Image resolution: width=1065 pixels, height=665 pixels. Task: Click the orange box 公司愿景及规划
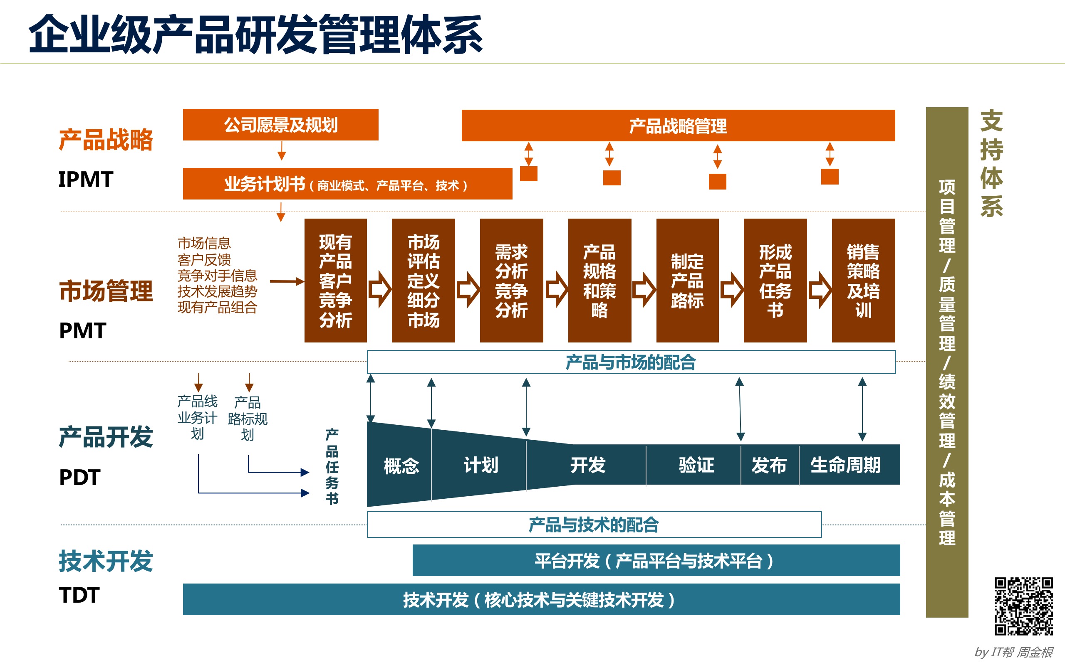point(280,125)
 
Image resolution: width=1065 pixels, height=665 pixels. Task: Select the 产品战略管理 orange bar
point(678,126)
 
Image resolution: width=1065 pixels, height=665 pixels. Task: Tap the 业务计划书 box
point(347,184)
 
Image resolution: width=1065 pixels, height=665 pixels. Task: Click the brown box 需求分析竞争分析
point(511,281)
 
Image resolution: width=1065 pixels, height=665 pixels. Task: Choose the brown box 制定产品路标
point(687,281)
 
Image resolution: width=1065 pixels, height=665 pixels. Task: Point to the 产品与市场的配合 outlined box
point(631,362)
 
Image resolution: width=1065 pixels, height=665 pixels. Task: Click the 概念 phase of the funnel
point(401,465)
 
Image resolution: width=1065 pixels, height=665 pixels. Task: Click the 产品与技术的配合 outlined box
point(594,524)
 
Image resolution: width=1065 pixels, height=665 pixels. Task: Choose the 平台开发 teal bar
point(656,560)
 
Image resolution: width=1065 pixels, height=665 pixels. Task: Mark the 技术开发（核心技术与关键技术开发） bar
point(541,599)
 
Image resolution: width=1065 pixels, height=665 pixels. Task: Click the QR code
point(1024,606)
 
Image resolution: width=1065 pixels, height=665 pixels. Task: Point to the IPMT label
point(86,180)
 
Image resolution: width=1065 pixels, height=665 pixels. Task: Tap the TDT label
point(79,595)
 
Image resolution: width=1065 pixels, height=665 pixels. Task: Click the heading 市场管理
point(106,291)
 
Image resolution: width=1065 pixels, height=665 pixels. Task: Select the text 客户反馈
point(204,259)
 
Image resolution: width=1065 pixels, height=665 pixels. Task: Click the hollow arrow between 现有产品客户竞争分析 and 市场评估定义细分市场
point(379,289)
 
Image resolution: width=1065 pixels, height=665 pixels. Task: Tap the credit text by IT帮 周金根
point(1013,652)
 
